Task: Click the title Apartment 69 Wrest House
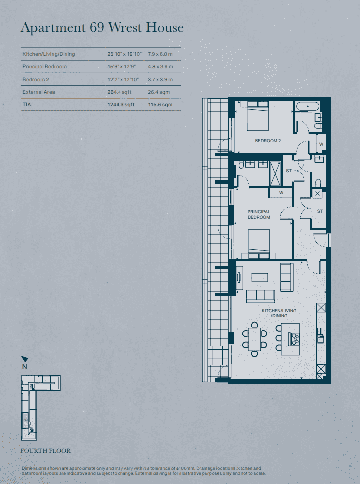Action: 102,27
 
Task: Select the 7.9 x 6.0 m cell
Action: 160,54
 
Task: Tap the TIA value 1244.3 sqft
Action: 121,105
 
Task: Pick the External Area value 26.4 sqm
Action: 160,92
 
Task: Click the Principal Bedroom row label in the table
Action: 44,67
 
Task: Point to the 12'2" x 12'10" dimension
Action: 124,79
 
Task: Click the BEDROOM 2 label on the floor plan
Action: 268,141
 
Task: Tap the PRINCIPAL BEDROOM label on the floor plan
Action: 259,215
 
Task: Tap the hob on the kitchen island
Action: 296,339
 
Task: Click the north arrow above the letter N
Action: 25,359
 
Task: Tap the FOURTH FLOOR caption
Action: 45,451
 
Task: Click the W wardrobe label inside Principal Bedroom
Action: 281,193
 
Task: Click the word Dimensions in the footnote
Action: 33,469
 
